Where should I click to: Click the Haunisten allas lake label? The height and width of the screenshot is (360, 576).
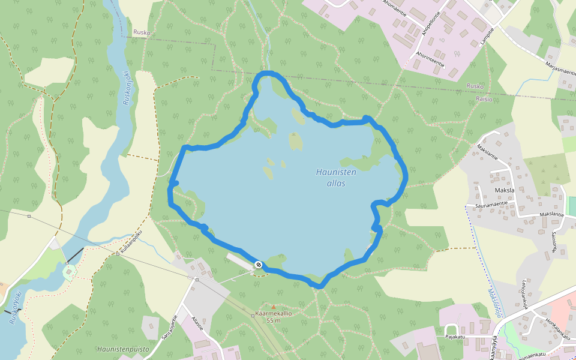click(336, 178)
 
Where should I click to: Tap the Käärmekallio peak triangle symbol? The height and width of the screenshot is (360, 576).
click(274, 307)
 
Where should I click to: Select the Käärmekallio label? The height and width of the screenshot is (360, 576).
click(274, 313)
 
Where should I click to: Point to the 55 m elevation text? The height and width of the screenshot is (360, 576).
click(274, 320)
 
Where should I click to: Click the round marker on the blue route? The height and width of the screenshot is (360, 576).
click(258, 265)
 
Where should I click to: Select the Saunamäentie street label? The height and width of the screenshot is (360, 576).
click(487, 204)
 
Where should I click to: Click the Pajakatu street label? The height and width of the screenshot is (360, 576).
click(454, 337)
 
